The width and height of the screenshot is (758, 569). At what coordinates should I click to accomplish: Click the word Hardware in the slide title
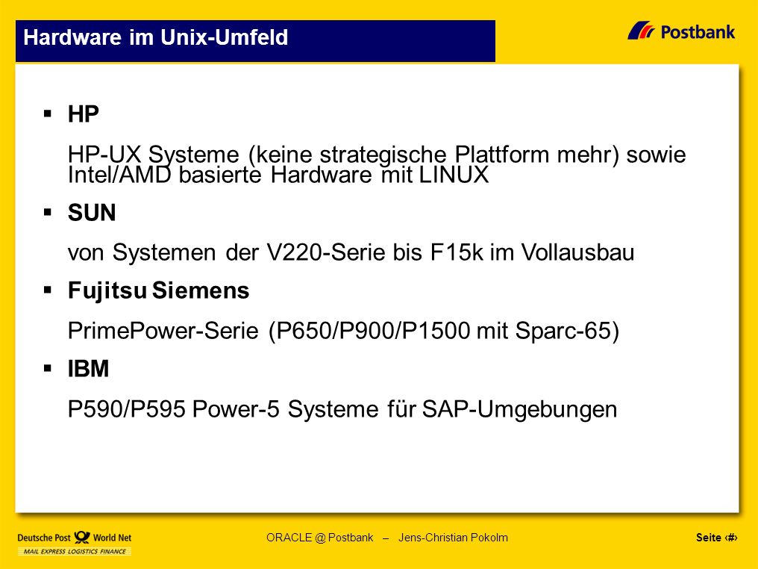(72, 37)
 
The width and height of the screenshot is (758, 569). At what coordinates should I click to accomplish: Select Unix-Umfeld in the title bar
(225, 37)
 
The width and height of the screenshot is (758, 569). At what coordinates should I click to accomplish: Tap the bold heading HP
(83, 114)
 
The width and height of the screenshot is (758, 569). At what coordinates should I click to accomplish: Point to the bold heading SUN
(92, 212)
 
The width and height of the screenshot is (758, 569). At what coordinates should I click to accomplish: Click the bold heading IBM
(89, 369)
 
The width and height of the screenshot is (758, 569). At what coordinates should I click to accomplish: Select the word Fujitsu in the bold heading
(107, 290)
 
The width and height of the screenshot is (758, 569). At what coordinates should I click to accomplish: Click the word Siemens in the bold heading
(201, 290)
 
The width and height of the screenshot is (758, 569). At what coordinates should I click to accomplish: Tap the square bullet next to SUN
(48, 212)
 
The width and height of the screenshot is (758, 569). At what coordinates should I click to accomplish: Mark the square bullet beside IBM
(48, 368)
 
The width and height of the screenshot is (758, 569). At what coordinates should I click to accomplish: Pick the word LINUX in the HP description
(454, 175)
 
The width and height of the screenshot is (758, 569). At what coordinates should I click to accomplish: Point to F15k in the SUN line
(457, 252)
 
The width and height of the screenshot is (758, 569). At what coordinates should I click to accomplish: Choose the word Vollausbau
(577, 252)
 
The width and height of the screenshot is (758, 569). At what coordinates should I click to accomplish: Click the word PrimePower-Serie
(163, 331)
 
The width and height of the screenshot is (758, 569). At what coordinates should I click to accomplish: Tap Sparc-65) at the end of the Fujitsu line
(567, 331)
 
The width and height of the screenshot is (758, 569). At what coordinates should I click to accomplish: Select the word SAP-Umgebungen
(520, 409)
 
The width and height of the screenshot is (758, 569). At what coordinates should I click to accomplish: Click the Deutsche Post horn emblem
(82, 537)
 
